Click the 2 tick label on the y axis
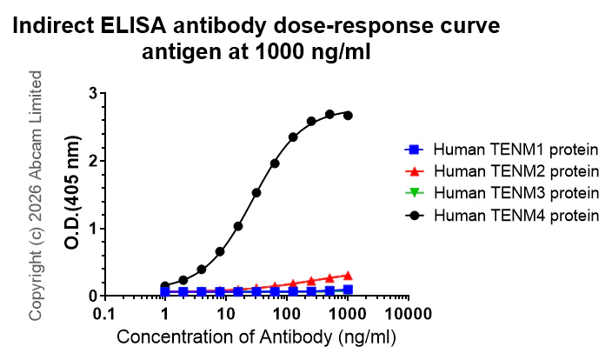(93, 161)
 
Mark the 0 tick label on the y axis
(93, 296)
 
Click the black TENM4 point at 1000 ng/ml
(348, 115)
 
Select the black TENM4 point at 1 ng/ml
(165, 285)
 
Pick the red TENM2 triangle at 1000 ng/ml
(348, 275)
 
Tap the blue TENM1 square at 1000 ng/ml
(348, 290)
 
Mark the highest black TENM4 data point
(329, 114)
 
